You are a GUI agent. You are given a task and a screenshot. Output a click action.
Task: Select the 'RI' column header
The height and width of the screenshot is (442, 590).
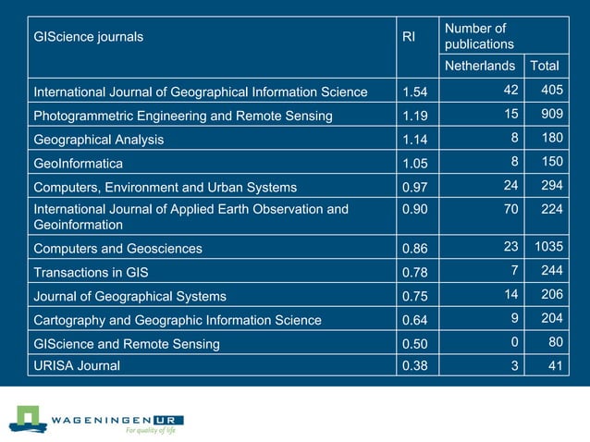click(409, 37)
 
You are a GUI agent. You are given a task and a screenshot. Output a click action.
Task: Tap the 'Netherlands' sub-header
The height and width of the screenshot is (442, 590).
click(479, 67)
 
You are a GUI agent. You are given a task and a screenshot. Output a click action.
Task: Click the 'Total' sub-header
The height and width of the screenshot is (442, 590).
click(544, 67)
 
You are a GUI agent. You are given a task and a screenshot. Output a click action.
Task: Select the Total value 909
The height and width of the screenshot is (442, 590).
click(548, 117)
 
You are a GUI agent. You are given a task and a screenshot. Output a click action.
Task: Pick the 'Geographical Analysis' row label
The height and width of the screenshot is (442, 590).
click(99, 141)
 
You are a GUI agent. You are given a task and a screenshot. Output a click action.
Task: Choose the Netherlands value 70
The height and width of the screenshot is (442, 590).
click(510, 210)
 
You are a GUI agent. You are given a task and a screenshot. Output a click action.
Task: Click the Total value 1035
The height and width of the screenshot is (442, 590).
click(546, 248)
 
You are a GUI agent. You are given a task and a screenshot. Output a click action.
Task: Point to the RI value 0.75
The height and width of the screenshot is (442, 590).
click(415, 297)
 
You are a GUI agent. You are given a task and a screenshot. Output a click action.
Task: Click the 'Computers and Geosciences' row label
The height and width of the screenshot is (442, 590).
click(117, 249)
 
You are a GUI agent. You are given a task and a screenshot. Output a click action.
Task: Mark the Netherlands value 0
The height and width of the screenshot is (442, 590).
click(513, 344)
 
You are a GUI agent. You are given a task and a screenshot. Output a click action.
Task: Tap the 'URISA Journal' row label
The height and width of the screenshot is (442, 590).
click(77, 365)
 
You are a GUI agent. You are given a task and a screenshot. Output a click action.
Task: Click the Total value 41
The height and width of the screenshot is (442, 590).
click(552, 366)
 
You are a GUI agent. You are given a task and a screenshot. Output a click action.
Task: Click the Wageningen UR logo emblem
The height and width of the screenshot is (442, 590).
click(28, 418)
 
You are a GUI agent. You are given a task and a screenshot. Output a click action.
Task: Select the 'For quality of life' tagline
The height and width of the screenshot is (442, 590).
click(150, 430)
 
